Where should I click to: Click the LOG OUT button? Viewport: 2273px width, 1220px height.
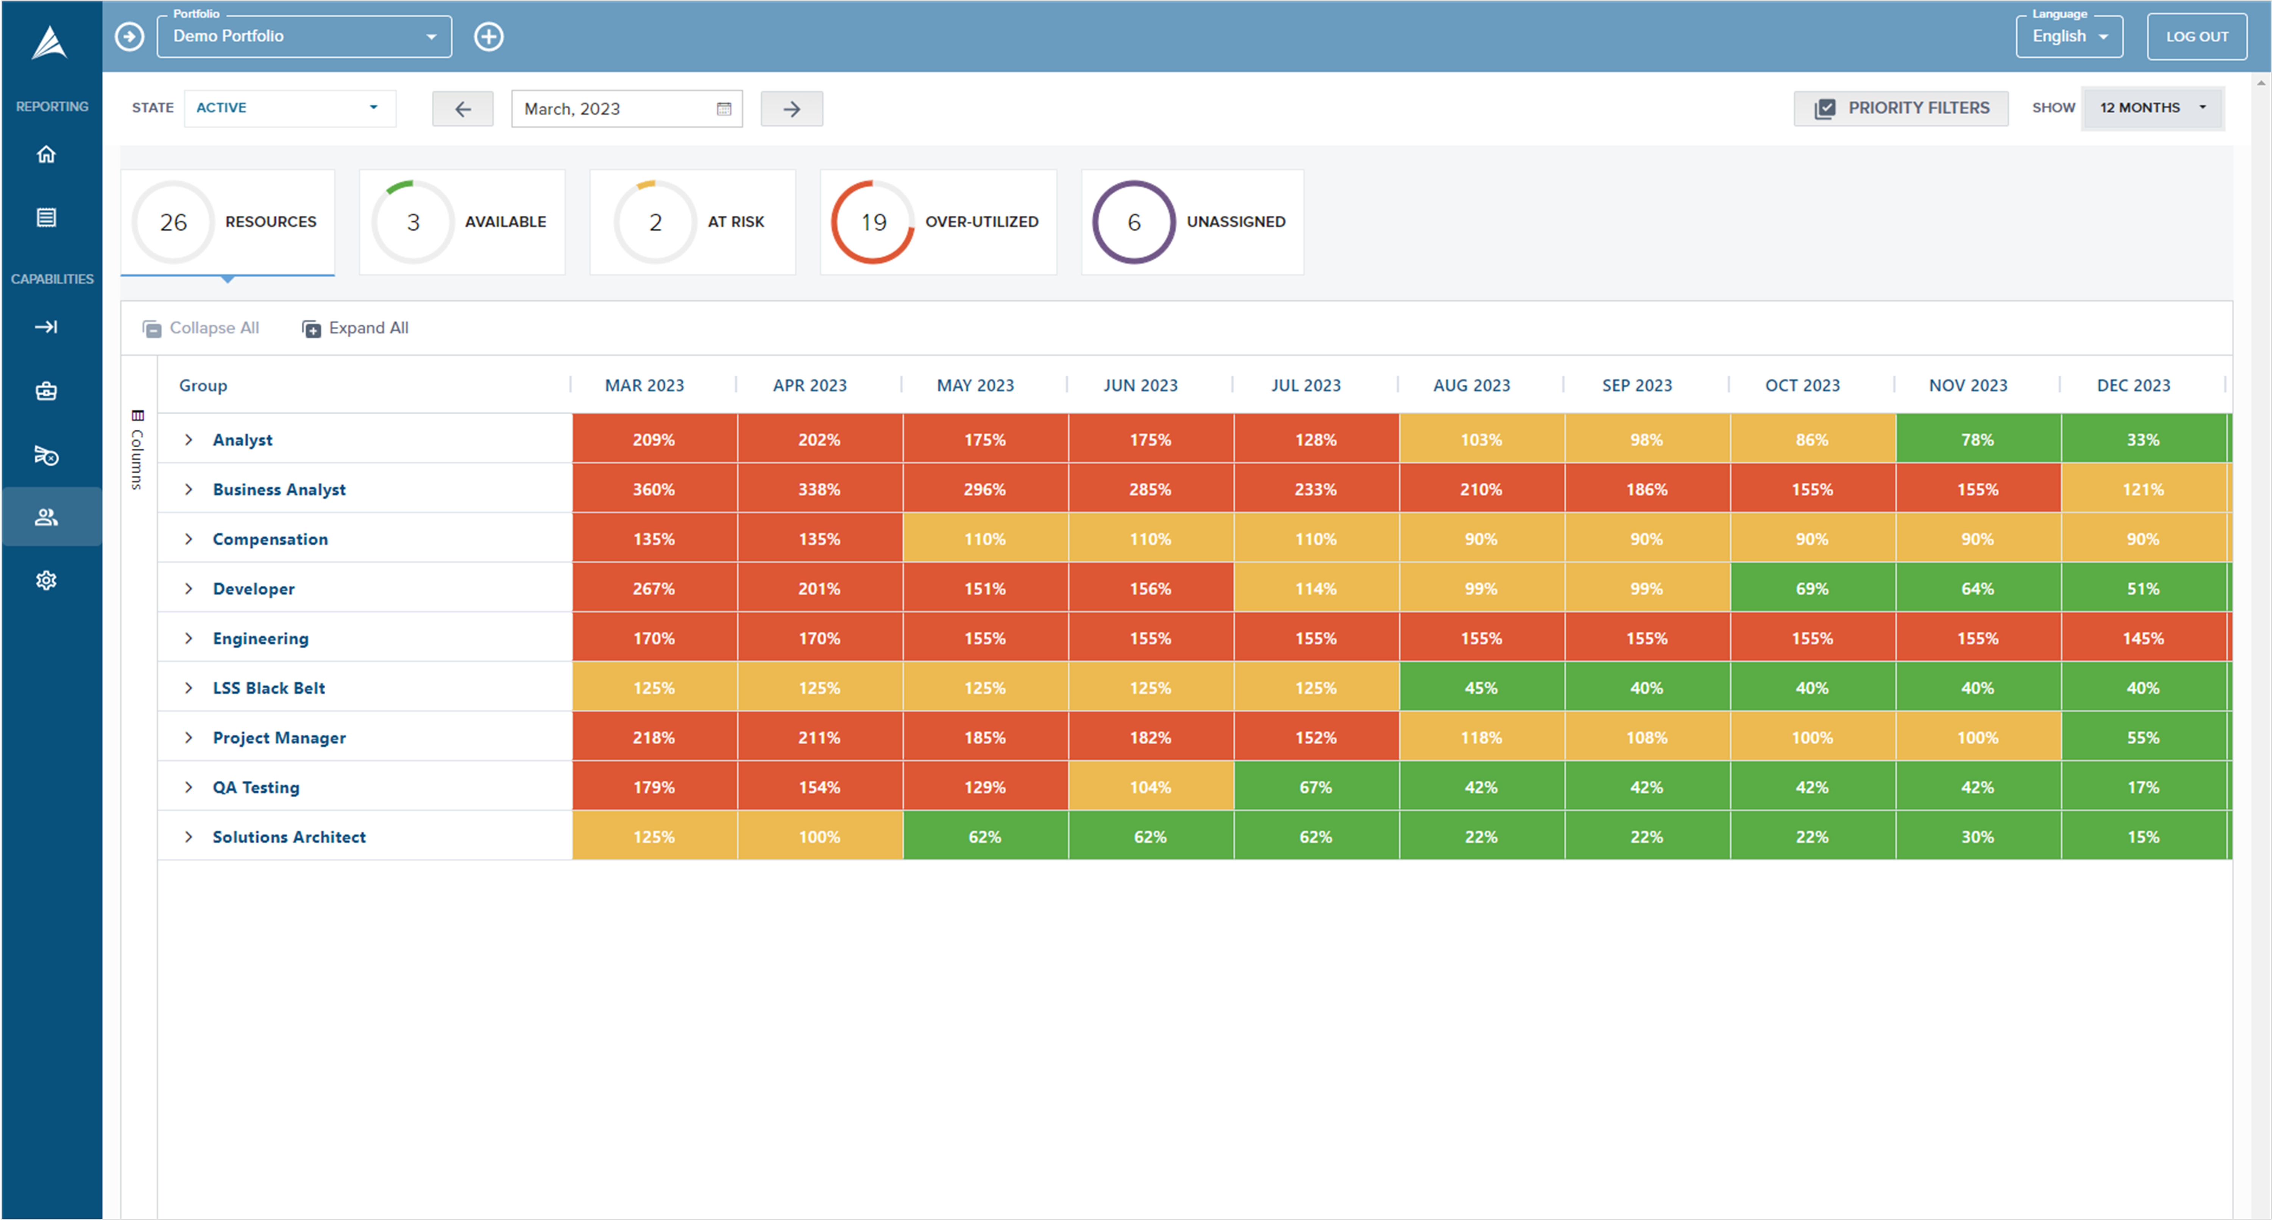click(2196, 36)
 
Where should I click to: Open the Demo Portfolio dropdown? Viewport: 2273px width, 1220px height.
click(304, 36)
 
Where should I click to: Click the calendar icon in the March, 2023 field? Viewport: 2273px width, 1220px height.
click(724, 109)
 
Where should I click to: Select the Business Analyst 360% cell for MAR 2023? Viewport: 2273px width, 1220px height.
click(654, 489)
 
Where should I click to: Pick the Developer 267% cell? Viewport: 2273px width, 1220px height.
click(654, 588)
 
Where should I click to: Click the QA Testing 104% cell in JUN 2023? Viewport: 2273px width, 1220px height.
click(1151, 787)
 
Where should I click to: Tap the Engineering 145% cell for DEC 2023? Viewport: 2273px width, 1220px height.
click(2143, 638)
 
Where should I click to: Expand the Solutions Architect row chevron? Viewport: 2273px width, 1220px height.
click(188, 836)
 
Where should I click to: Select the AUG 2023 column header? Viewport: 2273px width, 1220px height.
click(1471, 385)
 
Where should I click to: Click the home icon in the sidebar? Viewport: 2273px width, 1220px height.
click(46, 154)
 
